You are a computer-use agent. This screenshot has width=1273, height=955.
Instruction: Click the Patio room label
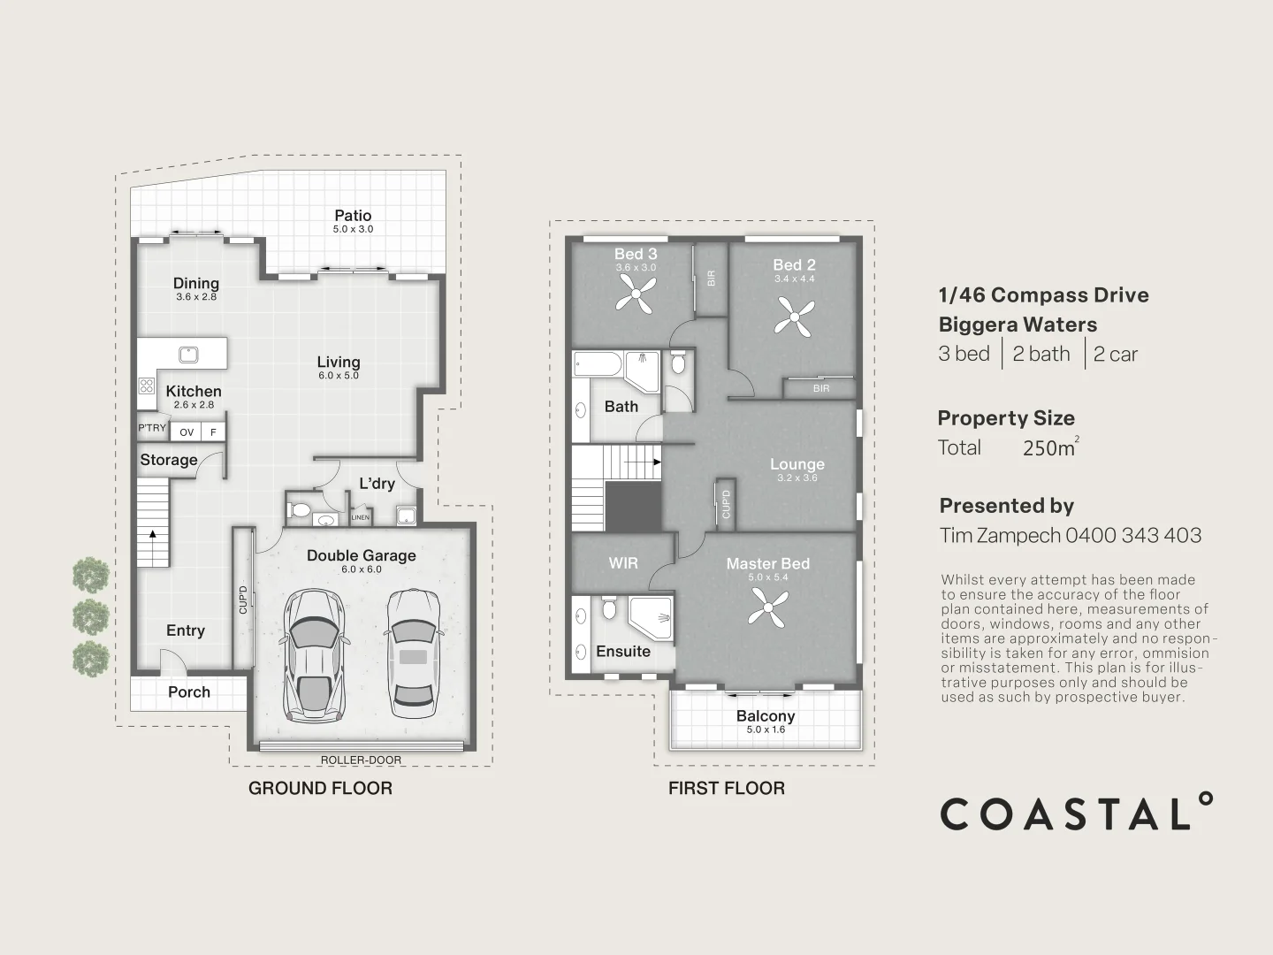pyautogui.click(x=353, y=216)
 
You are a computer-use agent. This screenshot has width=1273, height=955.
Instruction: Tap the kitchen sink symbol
pyautogui.click(x=188, y=354)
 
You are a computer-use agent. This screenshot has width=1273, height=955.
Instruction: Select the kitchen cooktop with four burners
pyautogui.click(x=147, y=386)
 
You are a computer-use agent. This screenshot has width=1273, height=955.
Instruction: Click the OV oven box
pyautogui.click(x=187, y=432)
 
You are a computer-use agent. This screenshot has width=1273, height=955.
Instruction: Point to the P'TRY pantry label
pyautogui.click(x=152, y=428)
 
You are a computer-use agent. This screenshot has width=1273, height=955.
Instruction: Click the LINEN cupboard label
pyautogui.click(x=360, y=517)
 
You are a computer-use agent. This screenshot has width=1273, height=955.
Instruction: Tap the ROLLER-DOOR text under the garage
pyautogui.click(x=361, y=760)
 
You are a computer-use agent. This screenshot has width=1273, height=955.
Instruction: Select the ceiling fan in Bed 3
pyautogui.click(x=636, y=294)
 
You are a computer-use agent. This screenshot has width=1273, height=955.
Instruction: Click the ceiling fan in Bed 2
pyautogui.click(x=795, y=317)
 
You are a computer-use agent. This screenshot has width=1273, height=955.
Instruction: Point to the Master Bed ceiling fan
pyautogui.click(x=768, y=607)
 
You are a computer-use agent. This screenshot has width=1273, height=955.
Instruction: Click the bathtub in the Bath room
pyautogui.click(x=598, y=364)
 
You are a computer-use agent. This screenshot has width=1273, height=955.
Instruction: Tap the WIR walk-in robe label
pyautogui.click(x=623, y=563)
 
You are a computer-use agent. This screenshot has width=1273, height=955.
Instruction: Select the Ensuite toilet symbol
pyautogui.click(x=608, y=607)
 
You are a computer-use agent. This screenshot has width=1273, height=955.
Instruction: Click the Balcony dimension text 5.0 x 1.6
pyautogui.click(x=766, y=730)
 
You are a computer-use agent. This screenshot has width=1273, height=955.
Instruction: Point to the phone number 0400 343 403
pyautogui.click(x=1133, y=535)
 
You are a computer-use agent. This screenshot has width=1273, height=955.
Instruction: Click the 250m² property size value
pyautogui.click(x=1050, y=447)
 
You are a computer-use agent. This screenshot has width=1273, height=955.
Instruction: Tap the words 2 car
pyautogui.click(x=1116, y=354)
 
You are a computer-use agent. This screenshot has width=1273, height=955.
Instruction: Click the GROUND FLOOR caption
pyautogui.click(x=320, y=788)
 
